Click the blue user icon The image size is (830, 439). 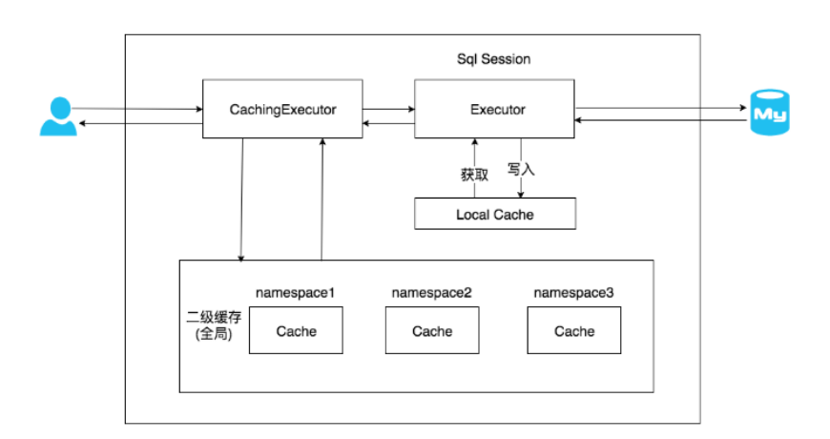tap(58, 116)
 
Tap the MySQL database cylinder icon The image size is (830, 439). tap(770, 113)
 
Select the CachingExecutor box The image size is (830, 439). tap(282, 109)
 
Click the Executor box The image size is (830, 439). tap(494, 109)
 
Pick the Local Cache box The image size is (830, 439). tap(495, 214)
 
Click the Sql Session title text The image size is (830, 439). tap(494, 59)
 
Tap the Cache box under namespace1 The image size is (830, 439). tap(296, 330)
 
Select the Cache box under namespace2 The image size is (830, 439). tap(432, 330)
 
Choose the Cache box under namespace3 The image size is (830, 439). tap(573, 330)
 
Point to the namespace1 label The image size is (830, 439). tap(296, 293)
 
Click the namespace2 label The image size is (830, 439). tap(431, 293)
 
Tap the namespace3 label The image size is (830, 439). tap(573, 293)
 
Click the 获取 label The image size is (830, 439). tap(474, 175)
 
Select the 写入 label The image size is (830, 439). tap(521, 170)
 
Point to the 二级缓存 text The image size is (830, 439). tap(214, 317)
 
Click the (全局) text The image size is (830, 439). tap(214, 334)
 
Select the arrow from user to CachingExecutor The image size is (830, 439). tap(137, 109)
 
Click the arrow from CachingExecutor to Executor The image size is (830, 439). tap(388, 109)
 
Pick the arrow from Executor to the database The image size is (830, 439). tap(661, 108)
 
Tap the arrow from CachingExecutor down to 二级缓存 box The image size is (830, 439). tap(242, 200)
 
